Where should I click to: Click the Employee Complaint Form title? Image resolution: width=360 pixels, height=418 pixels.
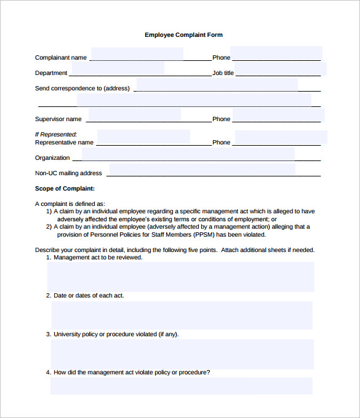point(183,35)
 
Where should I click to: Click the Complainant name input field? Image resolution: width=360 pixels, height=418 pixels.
point(137,54)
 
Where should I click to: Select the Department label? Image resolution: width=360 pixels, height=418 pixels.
point(51,73)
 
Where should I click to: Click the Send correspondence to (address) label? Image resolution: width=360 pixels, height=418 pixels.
point(82,89)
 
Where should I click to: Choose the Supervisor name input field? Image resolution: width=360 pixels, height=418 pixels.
point(134,115)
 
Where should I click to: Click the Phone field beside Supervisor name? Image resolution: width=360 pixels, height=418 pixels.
point(278,115)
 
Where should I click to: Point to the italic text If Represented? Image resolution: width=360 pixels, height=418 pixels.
point(55,134)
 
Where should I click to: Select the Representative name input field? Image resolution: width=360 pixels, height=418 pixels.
point(143,137)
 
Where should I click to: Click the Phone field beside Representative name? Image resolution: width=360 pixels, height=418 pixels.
point(280,138)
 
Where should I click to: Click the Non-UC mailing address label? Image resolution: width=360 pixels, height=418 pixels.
point(68,173)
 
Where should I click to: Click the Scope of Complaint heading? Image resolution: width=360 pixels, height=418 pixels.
point(65,189)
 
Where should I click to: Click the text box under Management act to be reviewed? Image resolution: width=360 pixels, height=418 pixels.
point(180,277)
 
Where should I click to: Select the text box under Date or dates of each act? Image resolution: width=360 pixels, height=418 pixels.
point(182,315)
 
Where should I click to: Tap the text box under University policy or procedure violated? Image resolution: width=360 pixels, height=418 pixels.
point(182,353)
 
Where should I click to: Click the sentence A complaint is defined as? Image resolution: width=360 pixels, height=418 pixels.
point(70,203)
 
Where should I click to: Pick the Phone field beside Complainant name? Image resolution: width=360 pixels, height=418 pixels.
point(276,53)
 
